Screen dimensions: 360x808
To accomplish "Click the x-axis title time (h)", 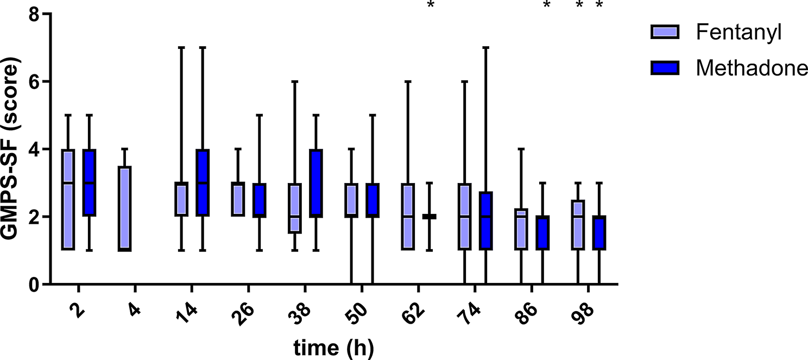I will tap(333, 348).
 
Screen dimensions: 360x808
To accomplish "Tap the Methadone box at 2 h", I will tap(90, 182).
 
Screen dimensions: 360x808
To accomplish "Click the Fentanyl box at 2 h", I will tap(68, 199).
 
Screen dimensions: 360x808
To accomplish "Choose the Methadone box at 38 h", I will tap(316, 182).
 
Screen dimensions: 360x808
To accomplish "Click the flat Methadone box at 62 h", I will tap(429, 216).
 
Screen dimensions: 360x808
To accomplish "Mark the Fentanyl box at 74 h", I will tap(464, 216).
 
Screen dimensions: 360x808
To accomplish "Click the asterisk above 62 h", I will tap(431, 5).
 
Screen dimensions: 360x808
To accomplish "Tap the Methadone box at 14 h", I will tap(203, 182).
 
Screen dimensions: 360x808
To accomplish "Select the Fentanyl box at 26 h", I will tap(238, 199).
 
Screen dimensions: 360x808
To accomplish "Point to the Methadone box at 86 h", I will tap(542, 233).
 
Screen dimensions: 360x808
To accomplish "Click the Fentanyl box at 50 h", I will tap(351, 199).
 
